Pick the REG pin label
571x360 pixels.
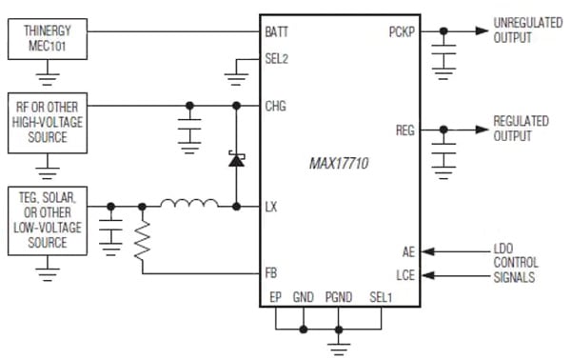coord(405,130)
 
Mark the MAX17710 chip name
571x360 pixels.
coord(340,164)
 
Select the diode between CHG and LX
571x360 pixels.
coord(235,158)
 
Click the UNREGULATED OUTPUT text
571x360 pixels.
coord(524,31)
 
